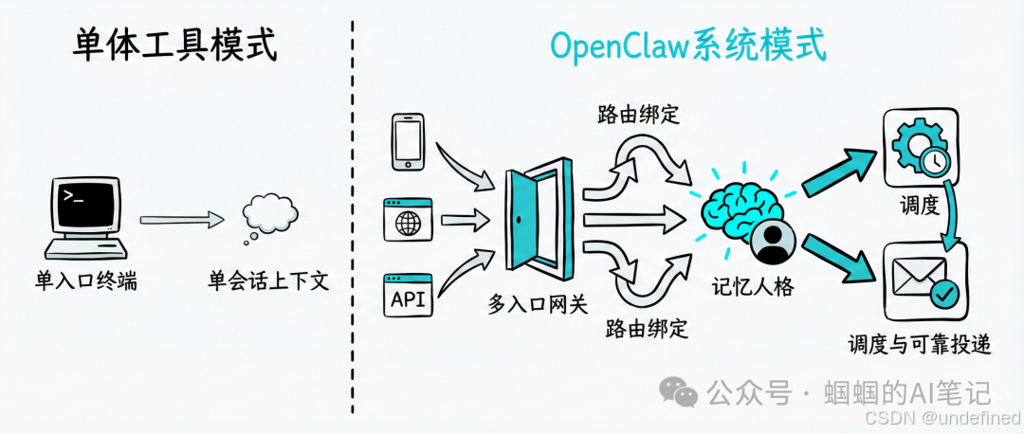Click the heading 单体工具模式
click(x=175, y=45)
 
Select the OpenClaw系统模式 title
click(x=688, y=45)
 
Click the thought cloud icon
click(x=269, y=217)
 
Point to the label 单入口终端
click(x=86, y=281)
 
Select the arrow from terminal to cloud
click(x=181, y=220)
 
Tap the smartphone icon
click(x=409, y=142)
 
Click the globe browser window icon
click(x=408, y=222)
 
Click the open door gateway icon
click(x=537, y=219)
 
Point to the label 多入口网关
click(x=537, y=304)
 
